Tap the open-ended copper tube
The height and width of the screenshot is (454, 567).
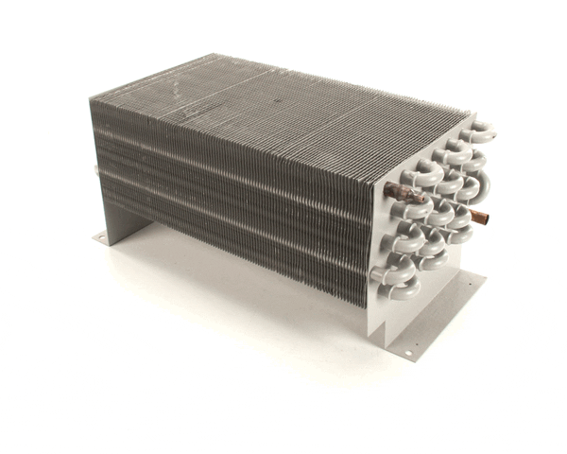click(480, 218)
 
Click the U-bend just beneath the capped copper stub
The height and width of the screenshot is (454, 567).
click(408, 210)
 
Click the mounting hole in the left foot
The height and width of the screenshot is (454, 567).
click(103, 238)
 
